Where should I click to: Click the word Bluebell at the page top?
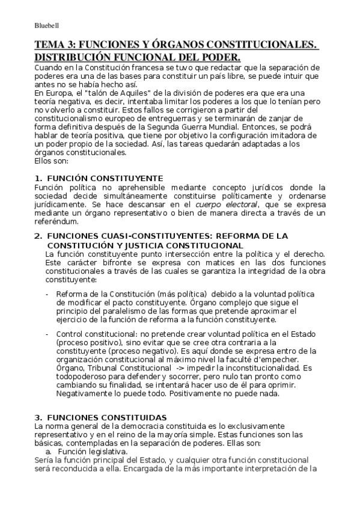click(x=46, y=25)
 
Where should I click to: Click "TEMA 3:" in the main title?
click(x=55, y=46)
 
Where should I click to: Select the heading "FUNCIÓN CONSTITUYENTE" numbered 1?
click(x=105, y=179)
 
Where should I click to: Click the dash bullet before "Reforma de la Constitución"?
click(x=47, y=293)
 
